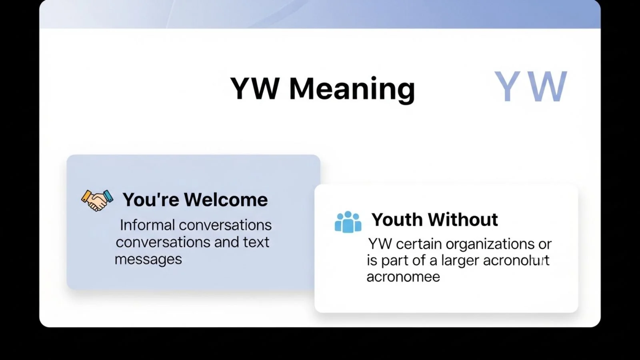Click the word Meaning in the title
[x=352, y=89]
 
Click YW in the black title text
[x=255, y=89]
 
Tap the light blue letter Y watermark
[x=507, y=87]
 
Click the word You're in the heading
[x=150, y=200]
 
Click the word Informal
[x=147, y=225]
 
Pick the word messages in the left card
[x=148, y=259]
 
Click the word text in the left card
[x=256, y=242]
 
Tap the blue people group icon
[x=348, y=222]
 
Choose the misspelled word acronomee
[x=403, y=277]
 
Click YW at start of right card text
[x=380, y=244]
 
